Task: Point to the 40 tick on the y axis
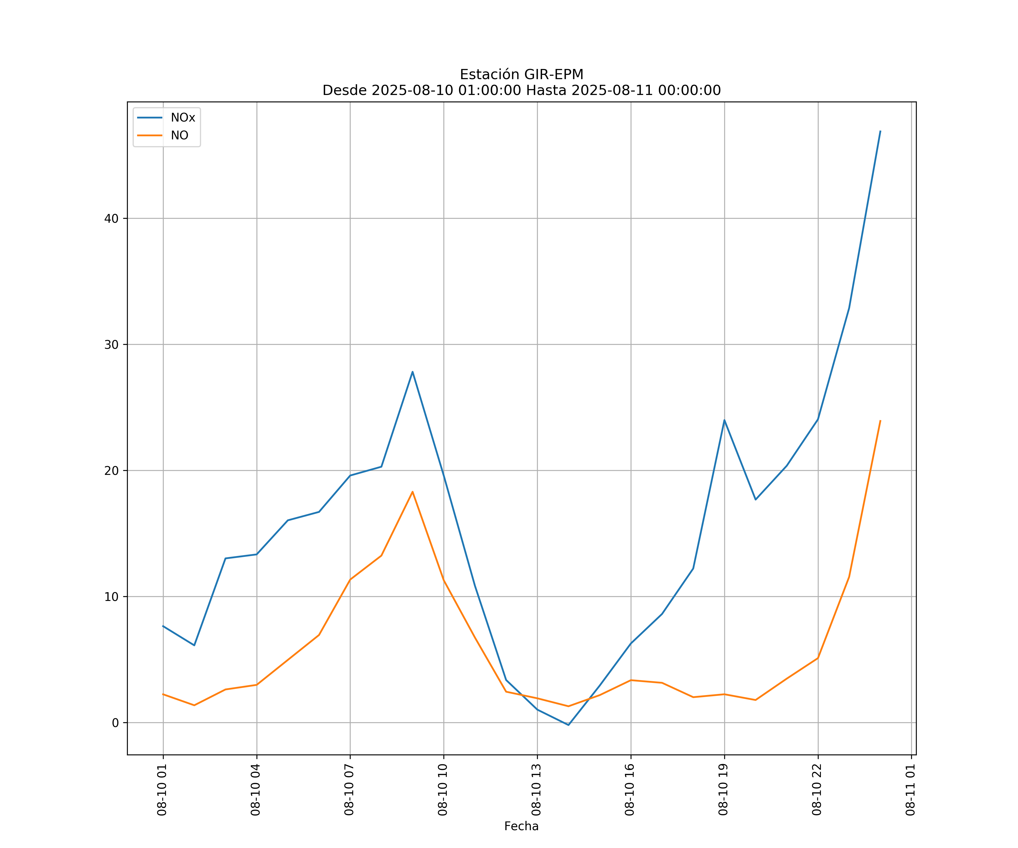click(111, 219)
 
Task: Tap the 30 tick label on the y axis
click(111, 345)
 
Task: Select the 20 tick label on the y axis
click(111, 471)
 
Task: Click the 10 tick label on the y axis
click(111, 596)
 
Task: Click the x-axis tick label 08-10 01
click(162, 789)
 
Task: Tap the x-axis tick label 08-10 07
click(349, 789)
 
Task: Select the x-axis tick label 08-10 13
click(536, 789)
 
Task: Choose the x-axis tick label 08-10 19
click(723, 789)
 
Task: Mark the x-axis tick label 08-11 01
click(910, 789)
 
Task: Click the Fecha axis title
click(521, 826)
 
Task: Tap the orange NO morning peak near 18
click(413, 492)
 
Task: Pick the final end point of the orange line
click(880, 421)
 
